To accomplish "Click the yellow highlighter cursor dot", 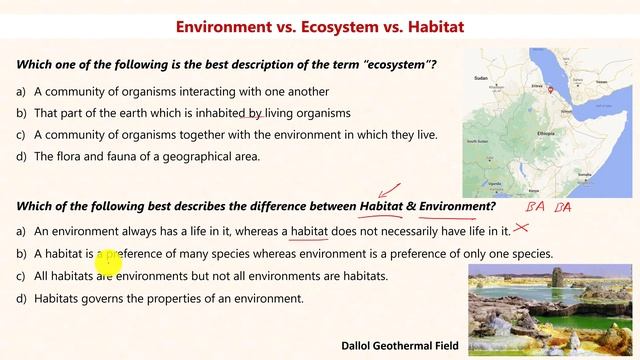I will click(107, 262).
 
